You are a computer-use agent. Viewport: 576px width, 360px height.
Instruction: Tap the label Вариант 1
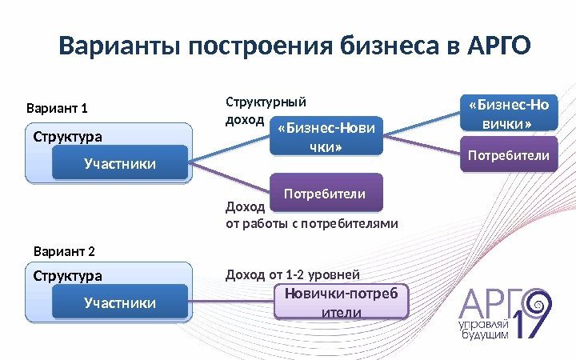click(58, 109)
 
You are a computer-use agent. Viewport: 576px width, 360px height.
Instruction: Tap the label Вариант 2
click(64, 252)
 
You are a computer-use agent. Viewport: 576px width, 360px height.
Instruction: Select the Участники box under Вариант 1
click(120, 164)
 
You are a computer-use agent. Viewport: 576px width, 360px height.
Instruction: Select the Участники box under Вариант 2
click(120, 302)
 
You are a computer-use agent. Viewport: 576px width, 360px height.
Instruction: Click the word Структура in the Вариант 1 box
click(68, 137)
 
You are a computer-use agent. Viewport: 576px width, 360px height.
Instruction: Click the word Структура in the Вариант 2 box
click(68, 276)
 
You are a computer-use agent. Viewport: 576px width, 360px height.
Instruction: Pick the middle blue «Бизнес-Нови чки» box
click(326, 137)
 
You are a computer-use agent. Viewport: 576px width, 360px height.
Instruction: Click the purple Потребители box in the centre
click(326, 194)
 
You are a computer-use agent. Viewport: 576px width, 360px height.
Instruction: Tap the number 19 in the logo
click(528, 320)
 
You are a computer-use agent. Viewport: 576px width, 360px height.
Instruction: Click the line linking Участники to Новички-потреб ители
click(232, 302)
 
